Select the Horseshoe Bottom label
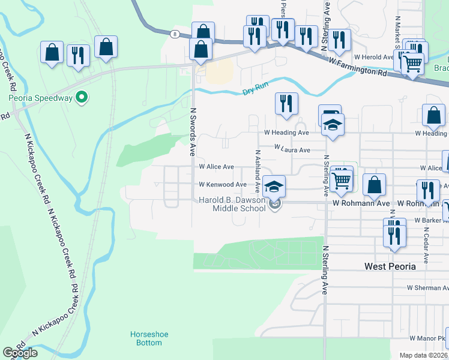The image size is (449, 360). point(146,338)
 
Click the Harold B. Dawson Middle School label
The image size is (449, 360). point(232,205)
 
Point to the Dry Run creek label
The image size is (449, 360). point(255,89)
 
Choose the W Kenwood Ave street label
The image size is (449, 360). point(223,185)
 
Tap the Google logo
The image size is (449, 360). point(20,353)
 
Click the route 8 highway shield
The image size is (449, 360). point(174,34)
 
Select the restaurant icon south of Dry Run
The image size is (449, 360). point(287,103)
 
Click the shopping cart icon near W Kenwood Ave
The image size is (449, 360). point(342,178)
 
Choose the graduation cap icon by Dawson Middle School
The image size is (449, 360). point(274,187)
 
